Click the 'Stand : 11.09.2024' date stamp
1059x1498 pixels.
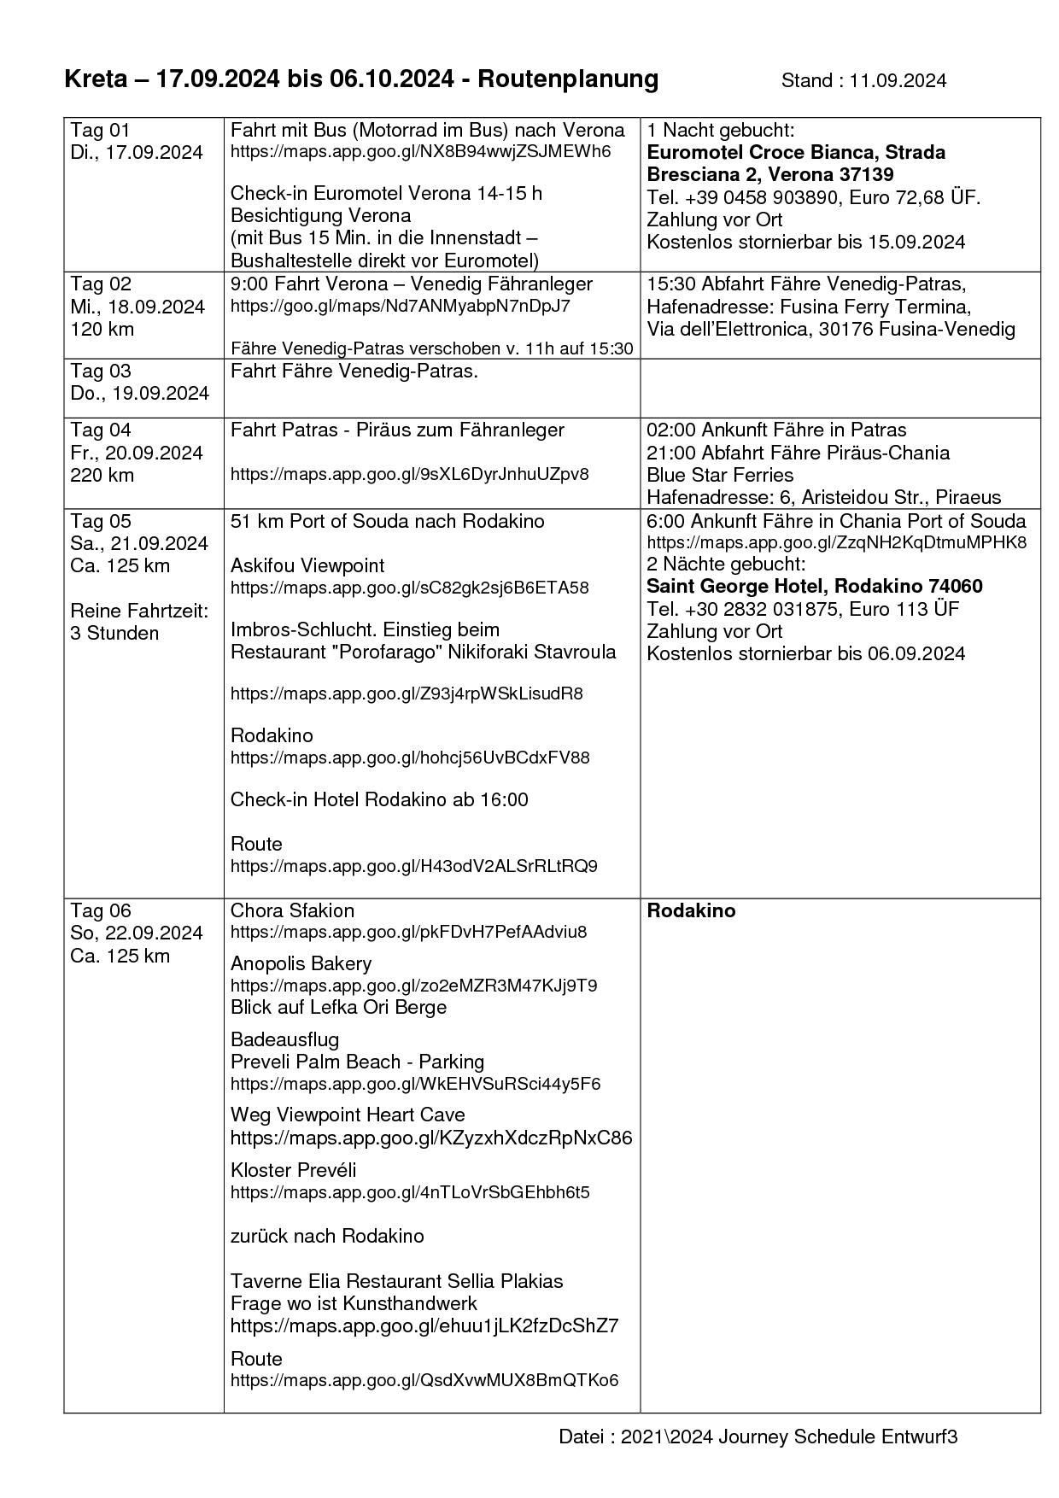[863, 80]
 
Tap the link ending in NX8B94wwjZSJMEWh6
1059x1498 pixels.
[420, 152]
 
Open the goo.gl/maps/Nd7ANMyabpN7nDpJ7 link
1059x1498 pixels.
[400, 306]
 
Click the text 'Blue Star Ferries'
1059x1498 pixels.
[720, 475]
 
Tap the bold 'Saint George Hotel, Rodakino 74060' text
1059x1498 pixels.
[814, 586]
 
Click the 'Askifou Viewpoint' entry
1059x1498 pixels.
[307, 565]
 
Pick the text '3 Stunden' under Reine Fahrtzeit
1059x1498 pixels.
[114, 633]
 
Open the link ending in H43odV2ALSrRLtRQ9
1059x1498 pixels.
[413, 866]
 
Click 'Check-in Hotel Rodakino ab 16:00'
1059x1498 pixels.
[379, 799]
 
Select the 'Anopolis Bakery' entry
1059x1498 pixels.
[301, 963]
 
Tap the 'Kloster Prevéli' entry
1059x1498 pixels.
[293, 1170]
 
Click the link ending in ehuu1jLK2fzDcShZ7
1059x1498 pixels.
[424, 1325]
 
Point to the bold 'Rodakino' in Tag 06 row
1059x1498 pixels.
[691, 910]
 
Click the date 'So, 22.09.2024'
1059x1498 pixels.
[137, 933]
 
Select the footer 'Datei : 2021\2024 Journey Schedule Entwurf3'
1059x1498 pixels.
[758, 1437]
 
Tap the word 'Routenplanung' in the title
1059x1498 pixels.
[568, 79]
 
